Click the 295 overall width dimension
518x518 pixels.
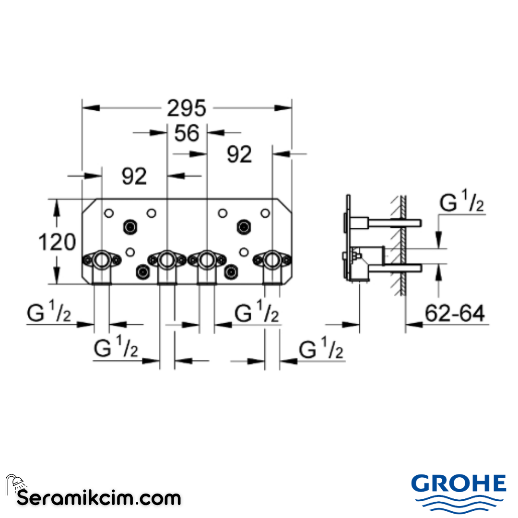click(187, 108)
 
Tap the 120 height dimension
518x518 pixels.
click(57, 242)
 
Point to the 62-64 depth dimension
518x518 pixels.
click(455, 314)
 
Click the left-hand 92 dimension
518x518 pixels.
click(134, 177)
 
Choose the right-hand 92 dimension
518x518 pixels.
click(239, 154)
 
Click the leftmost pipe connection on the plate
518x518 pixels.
click(102, 260)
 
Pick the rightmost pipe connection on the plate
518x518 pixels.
click(271, 260)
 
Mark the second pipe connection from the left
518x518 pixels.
click(166, 260)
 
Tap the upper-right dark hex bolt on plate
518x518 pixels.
click(245, 225)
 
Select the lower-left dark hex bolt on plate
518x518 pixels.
click(142, 271)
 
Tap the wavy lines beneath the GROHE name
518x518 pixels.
click(459, 504)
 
